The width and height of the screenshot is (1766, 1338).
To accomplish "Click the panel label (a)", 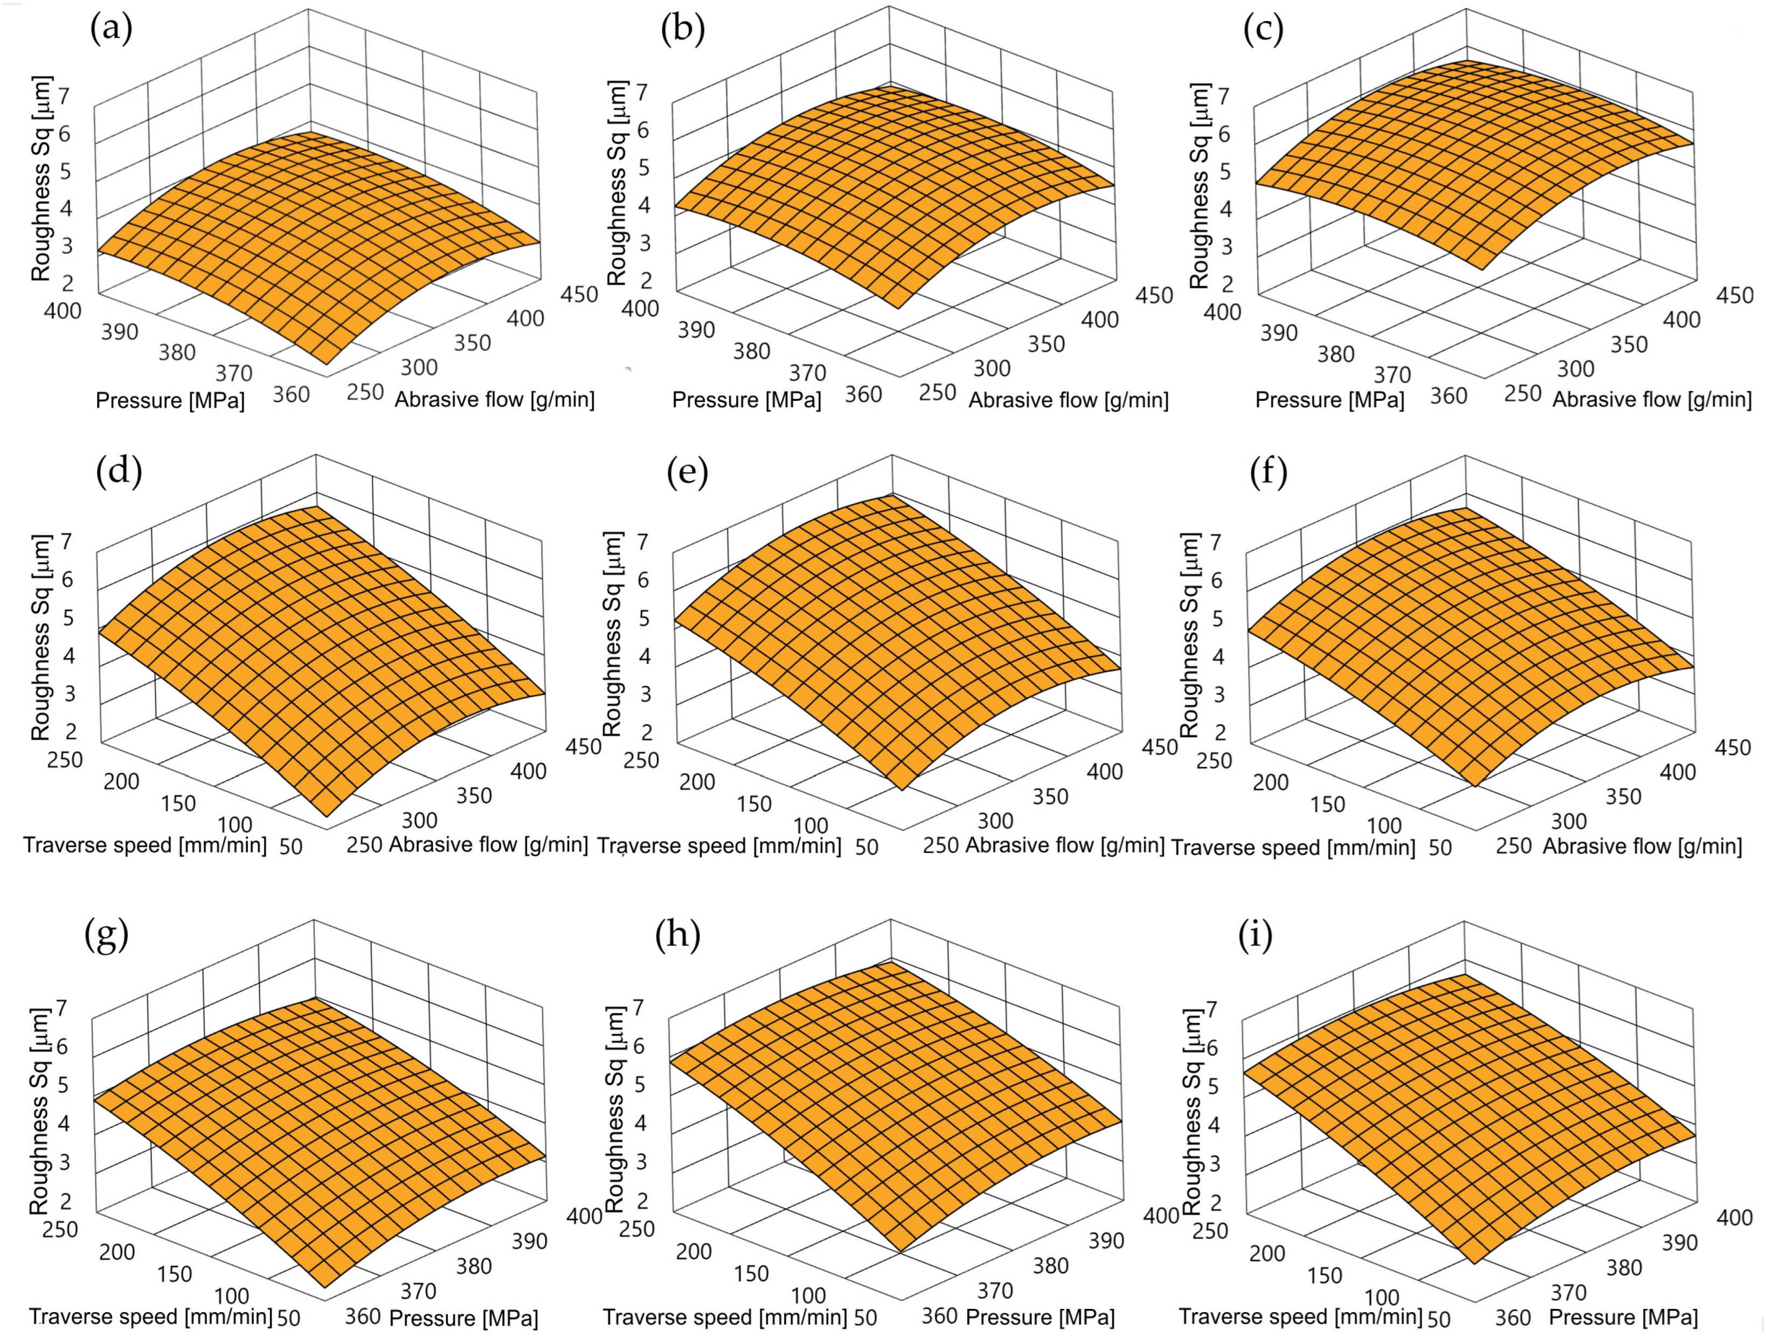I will (x=111, y=30).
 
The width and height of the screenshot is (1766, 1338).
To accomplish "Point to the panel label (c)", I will (x=1264, y=30).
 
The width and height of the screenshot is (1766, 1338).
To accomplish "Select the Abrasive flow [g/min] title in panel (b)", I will (x=1068, y=400).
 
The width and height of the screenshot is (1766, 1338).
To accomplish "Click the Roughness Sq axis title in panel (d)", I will (x=41, y=637).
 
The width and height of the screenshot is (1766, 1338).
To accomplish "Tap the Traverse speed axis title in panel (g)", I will (x=151, y=1316).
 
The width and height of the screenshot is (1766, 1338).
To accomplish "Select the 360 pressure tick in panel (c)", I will (x=1448, y=396).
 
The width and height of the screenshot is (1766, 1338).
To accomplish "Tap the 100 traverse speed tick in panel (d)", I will (x=235, y=824).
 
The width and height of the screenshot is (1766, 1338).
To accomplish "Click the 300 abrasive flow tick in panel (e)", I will (x=995, y=820).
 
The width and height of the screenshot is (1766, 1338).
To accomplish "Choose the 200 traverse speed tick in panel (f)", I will (x=1270, y=782).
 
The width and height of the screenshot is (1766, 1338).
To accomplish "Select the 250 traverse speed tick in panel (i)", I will (x=1210, y=1231).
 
